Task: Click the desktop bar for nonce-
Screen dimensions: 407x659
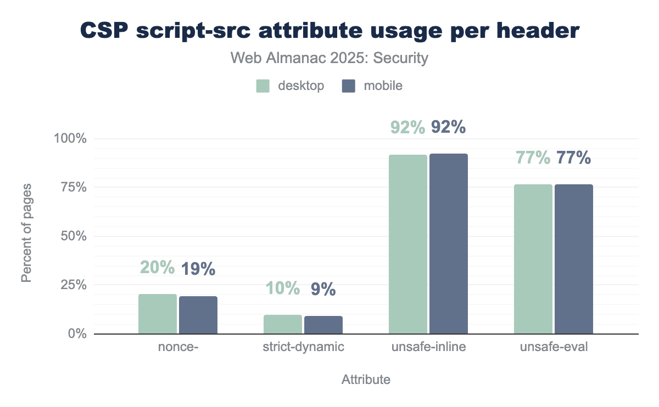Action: [158, 314]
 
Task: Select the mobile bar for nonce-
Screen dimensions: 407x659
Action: [198, 315]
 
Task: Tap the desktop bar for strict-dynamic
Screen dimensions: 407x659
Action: [283, 324]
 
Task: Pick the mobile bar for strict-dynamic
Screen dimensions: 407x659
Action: [323, 325]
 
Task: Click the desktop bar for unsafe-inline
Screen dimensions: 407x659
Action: [408, 244]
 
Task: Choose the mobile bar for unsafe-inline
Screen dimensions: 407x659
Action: [449, 244]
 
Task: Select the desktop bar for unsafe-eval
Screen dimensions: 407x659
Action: [533, 259]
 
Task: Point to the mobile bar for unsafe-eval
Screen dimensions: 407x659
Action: [574, 259]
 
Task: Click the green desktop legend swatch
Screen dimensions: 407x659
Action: [263, 86]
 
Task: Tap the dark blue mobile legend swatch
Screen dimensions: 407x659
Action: [349, 86]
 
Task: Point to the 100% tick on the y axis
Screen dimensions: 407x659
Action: [71, 139]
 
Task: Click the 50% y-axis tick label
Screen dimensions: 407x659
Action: [74, 236]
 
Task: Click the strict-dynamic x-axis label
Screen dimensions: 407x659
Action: [303, 347]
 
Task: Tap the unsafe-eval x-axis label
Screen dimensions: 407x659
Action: [554, 347]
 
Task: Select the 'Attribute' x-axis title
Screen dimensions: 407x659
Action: [366, 380]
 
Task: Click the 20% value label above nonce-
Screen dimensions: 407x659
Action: [157, 268]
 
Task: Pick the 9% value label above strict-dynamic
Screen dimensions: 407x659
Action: [323, 289]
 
